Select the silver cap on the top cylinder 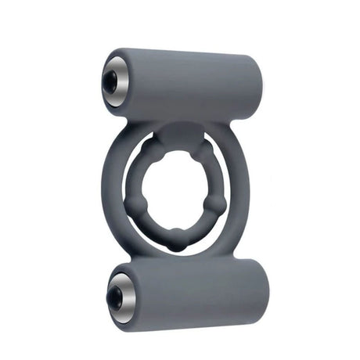coord(115,80)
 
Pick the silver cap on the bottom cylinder coord(120,293)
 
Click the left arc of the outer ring coord(110,196)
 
